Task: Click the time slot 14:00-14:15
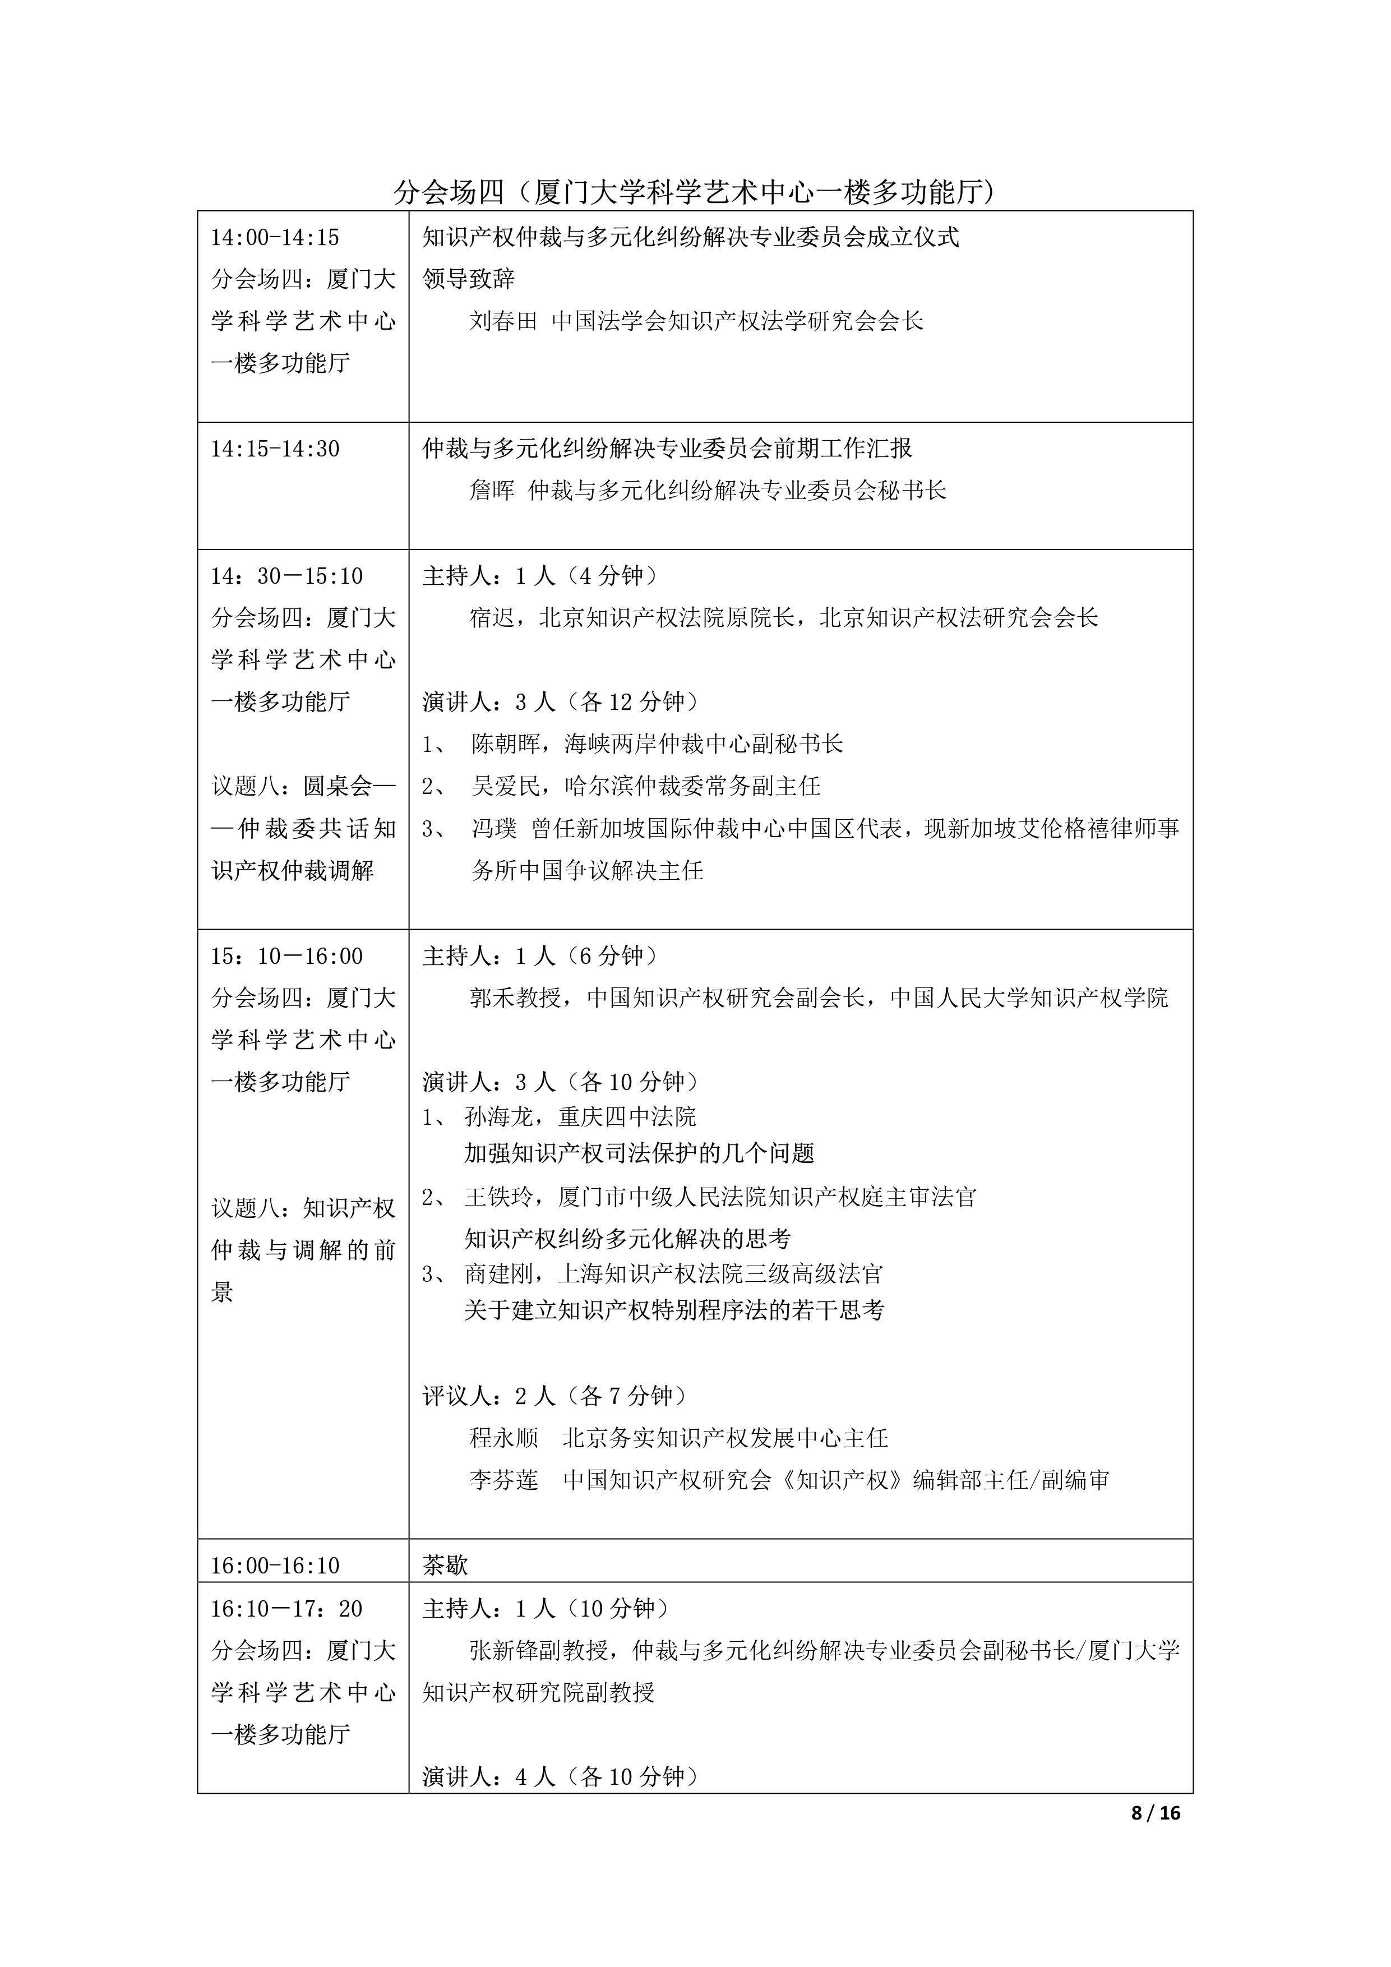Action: [275, 237]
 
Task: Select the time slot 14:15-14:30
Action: [275, 449]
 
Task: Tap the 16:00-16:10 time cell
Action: [275, 1565]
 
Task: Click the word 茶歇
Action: [445, 1565]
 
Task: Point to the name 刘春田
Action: [503, 321]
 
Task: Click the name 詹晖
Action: [492, 491]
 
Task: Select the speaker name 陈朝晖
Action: [505, 744]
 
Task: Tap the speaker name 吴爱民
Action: [505, 786]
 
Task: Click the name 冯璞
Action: [494, 828]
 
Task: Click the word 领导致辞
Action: [469, 279]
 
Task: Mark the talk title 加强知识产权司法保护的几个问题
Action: [639, 1153]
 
